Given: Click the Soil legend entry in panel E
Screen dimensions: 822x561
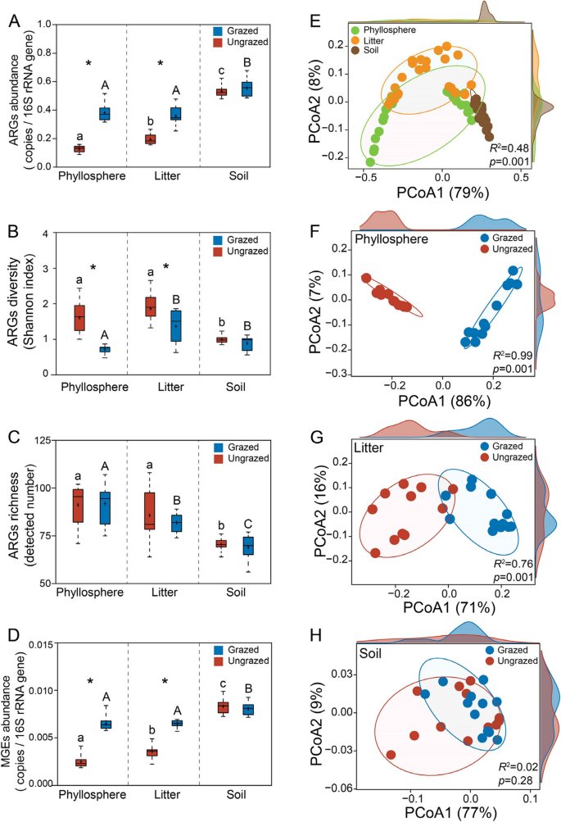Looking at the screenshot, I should coord(370,51).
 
